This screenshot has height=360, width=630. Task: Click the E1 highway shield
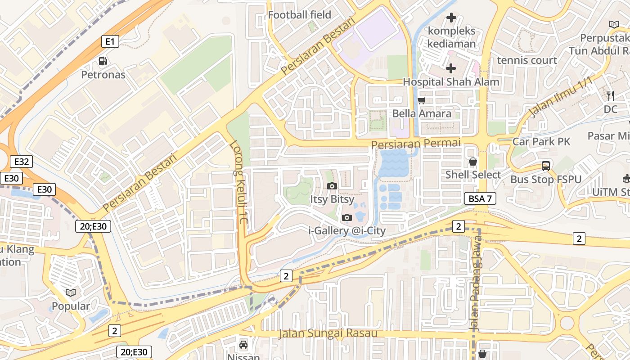(110, 42)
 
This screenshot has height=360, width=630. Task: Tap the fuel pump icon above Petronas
(103, 61)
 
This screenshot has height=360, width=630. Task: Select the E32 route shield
(22, 162)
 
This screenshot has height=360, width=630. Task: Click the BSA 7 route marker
(480, 198)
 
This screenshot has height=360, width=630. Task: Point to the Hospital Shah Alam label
(451, 82)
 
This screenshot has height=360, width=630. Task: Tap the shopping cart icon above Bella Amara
(422, 100)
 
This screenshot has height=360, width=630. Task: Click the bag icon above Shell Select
(473, 162)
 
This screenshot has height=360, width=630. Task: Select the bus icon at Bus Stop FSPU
(546, 166)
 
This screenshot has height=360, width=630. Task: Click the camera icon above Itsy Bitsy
(332, 186)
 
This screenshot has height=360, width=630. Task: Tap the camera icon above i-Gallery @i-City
(346, 218)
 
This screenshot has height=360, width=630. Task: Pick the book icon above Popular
(71, 293)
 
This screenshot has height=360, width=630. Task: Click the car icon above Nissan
(243, 345)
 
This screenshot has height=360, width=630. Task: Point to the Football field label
(299, 15)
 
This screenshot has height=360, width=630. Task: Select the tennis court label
(527, 60)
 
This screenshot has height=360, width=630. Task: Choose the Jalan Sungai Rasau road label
(328, 333)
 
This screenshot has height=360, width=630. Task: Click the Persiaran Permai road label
(416, 143)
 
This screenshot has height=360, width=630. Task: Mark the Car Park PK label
(541, 142)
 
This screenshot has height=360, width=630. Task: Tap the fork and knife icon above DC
(611, 95)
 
